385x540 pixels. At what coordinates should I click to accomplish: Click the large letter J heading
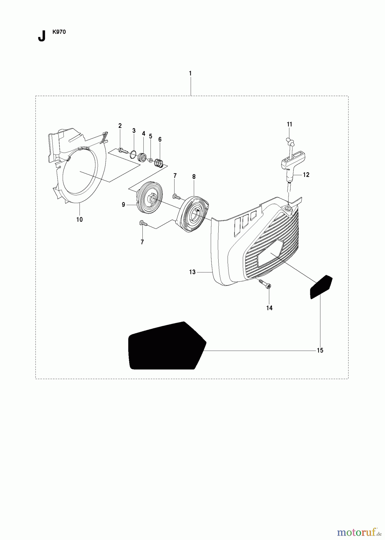click(x=42, y=36)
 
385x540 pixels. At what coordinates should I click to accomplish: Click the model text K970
click(x=59, y=32)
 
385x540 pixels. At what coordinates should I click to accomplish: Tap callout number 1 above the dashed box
click(x=190, y=73)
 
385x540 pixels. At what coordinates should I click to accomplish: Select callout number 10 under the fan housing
click(x=79, y=220)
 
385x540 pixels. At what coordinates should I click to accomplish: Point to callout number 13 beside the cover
click(x=192, y=272)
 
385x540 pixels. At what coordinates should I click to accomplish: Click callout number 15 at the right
click(x=320, y=350)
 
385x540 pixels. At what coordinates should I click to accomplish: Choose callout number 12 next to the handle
click(x=306, y=175)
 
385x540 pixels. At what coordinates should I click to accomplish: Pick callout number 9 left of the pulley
click(x=123, y=205)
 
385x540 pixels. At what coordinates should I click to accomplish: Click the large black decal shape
click(x=167, y=346)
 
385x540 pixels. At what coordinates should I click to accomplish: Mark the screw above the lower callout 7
click(x=143, y=223)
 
